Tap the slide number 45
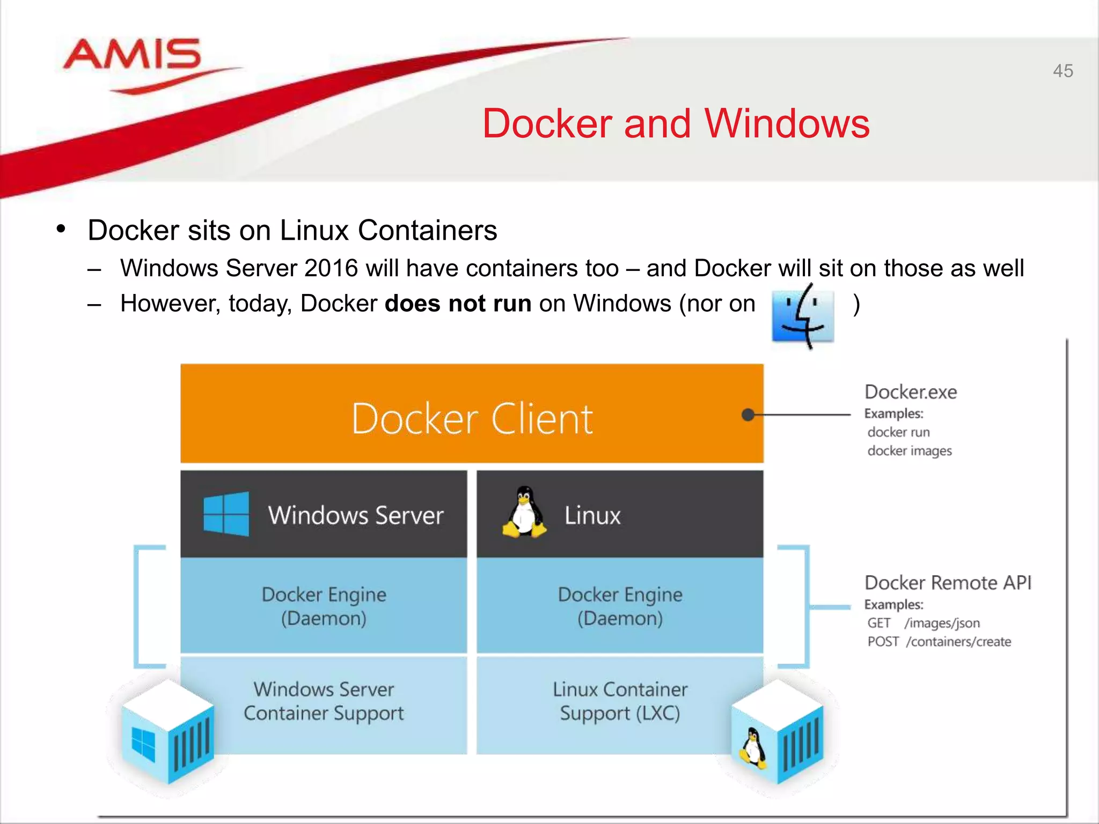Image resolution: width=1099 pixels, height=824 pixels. [1063, 71]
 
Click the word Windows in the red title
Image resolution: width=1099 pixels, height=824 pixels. [787, 124]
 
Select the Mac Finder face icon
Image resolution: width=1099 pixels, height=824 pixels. [803, 317]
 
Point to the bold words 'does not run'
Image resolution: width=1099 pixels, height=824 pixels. [458, 304]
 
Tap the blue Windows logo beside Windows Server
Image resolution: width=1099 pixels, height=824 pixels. [226, 514]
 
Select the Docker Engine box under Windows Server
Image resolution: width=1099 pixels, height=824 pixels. [324, 606]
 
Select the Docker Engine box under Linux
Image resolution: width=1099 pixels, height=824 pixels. [620, 606]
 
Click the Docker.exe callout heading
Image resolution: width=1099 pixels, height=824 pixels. [911, 392]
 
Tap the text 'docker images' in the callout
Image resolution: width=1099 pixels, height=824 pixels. [910, 451]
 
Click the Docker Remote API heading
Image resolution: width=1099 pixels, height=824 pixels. [948, 583]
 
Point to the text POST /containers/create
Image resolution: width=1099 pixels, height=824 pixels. [939, 642]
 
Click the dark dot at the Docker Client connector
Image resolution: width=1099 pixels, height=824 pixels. [748, 415]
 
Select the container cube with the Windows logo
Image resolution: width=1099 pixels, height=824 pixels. [168, 732]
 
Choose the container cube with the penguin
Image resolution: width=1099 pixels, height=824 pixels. [777, 732]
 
